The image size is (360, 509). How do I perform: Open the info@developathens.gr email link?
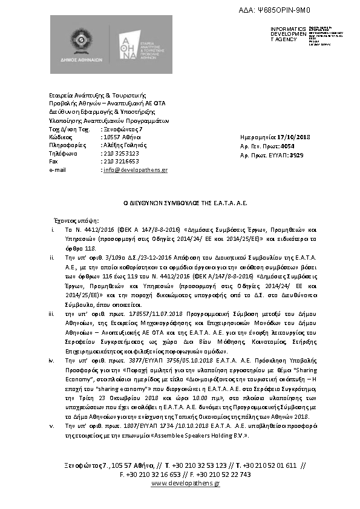click(136, 170)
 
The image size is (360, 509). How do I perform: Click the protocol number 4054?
click(289, 146)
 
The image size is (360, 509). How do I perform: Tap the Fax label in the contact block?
click(54, 162)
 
